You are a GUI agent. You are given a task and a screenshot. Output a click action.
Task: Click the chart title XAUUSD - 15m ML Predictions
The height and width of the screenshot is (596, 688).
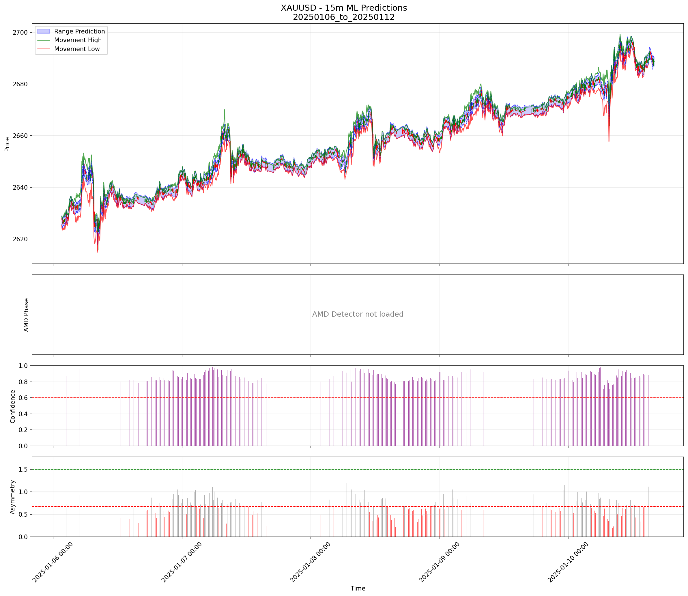click(343, 8)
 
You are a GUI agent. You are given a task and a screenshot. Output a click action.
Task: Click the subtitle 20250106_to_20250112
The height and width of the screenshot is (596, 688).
click(343, 17)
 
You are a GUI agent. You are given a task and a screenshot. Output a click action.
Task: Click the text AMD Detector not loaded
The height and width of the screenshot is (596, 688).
click(358, 314)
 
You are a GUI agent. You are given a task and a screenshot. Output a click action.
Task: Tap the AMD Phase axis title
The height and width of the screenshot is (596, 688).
click(26, 315)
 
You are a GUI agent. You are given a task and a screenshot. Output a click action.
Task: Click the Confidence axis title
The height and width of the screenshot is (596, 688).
click(13, 406)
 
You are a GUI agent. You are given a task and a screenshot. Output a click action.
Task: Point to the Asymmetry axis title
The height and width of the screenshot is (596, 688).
click(13, 497)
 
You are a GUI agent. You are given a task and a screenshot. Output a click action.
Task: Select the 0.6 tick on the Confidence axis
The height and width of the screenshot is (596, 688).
click(24, 398)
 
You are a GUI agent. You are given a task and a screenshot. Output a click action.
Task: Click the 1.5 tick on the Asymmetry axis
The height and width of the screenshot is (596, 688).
click(24, 469)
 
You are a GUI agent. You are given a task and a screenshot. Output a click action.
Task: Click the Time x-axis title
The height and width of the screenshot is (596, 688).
click(358, 588)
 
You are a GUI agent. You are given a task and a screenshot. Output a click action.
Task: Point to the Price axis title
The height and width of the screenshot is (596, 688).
click(7, 144)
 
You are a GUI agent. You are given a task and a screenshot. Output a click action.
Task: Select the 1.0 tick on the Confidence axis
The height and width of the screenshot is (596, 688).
click(24, 366)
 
